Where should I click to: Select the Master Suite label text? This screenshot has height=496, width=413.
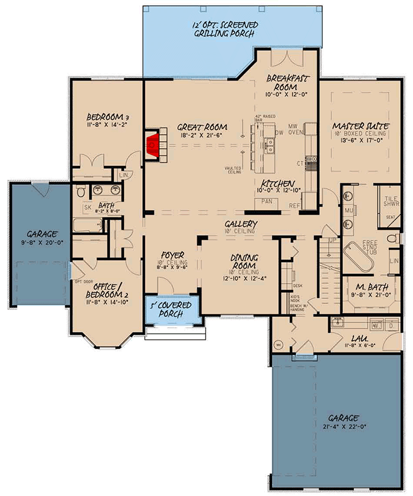(359, 126)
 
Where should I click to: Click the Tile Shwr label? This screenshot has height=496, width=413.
(392, 201)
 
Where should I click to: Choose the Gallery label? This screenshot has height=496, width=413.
(241, 224)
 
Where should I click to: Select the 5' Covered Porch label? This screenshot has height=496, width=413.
(172, 310)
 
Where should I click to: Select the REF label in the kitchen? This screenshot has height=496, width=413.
(294, 205)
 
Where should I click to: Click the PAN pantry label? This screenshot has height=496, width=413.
(267, 201)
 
